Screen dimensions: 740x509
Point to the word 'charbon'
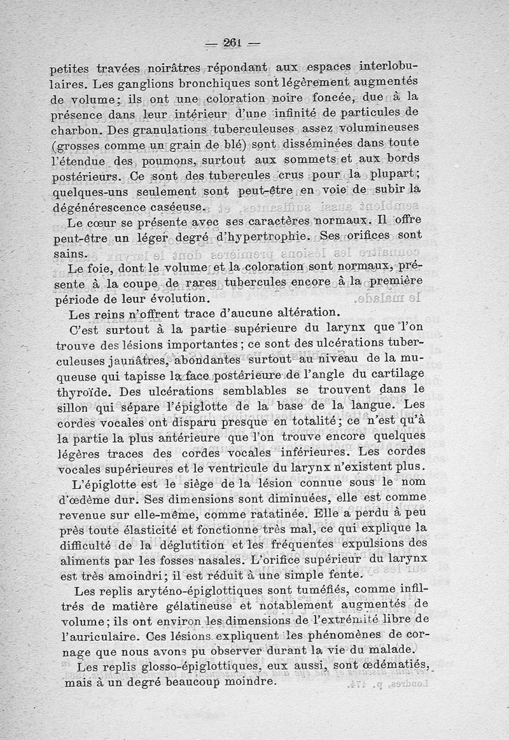coord(75,130)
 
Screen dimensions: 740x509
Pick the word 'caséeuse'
coord(178,207)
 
